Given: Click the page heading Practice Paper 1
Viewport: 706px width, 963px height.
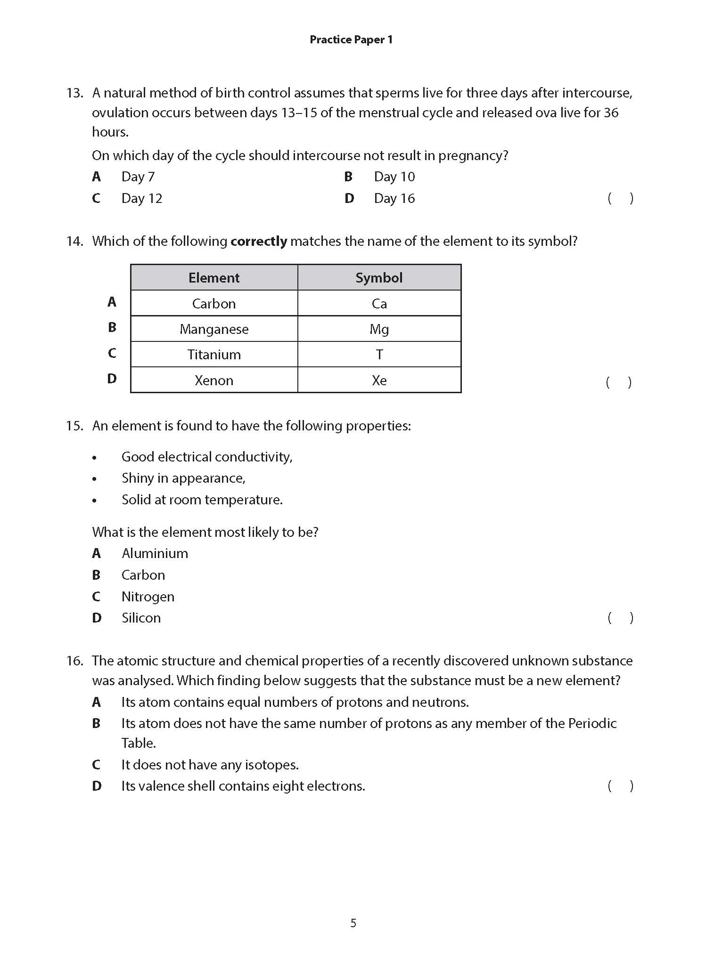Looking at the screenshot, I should coord(351,40).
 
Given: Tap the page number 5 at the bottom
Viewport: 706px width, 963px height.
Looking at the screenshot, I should coord(353,923).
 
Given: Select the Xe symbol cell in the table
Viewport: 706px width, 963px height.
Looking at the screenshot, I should coord(379,380).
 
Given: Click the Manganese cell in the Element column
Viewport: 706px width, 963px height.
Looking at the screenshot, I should coord(214,329).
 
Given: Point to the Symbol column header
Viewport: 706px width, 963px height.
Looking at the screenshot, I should coord(379,277).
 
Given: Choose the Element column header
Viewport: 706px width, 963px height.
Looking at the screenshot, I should coord(214,277).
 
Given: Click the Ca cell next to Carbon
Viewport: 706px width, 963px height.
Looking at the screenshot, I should coord(379,303).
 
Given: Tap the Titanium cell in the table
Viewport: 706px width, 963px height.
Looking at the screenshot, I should coord(214,354).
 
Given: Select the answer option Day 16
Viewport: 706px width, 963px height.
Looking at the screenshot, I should coord(394,198).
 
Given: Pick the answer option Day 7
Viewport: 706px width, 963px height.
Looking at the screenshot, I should coord(138,177).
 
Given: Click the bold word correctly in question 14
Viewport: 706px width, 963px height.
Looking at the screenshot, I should coord(259,241).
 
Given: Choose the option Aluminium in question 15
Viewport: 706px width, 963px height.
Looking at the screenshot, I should coord(155,553).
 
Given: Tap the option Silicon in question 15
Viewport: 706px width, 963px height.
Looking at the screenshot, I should coord(141,618).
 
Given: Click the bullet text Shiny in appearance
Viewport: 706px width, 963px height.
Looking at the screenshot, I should coord(183,478).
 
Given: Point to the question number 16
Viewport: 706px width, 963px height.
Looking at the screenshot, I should coord(74,661).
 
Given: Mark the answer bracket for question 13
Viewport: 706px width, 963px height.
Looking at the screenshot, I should coord(620,198).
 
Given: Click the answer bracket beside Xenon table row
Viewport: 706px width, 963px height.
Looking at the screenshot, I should coord(618,382).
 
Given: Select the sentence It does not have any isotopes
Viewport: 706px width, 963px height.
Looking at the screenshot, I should coord(210,764).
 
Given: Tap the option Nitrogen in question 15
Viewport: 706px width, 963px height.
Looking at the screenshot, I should coord(148,597).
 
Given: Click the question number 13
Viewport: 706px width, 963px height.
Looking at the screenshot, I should coord(74,93).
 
